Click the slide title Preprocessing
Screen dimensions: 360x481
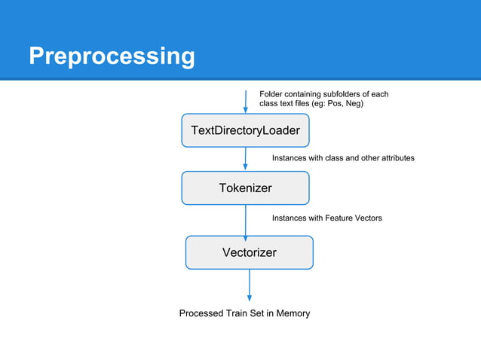click(x=112, y=56)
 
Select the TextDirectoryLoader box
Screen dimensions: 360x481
click(x=245, y=130)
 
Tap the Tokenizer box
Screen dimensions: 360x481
click(x=245, y=188)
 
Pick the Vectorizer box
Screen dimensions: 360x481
click(x=249, y=252)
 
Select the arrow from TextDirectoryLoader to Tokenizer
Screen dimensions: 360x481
click(x=246, y=159)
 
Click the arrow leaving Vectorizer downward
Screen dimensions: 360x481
click(x=249, y=285)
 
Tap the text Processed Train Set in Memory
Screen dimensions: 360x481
click(x=244, y=313)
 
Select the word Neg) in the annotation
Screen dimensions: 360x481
click(x=354, y=104)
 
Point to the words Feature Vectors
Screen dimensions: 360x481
click(x=354, y=218)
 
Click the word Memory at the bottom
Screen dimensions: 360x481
click(x=293, y=313)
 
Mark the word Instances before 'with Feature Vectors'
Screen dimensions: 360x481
click(x=290, y=218)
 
